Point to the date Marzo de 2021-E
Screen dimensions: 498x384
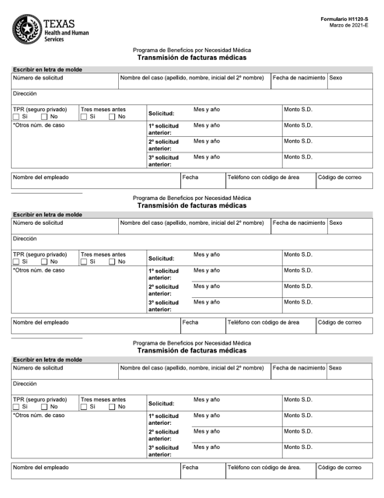(x=351, y=25)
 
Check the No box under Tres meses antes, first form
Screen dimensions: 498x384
(x=112, y=117)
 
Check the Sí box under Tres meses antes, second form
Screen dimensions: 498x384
(x=85, y=262)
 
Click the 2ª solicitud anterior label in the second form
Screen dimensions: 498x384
(x=164, y=289)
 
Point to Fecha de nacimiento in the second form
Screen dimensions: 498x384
(x=299, y=223)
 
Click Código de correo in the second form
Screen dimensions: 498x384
(x=339, y=321)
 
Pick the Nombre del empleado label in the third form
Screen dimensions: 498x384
(x=40, y=468)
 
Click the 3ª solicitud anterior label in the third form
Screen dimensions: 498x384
(x=164, y=451)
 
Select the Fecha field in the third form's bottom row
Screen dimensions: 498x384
(x=201, y=472)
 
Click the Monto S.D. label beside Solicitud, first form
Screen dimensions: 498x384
(x=298, y=110)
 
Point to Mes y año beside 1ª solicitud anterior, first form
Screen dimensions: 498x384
(x=207, y=125)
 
